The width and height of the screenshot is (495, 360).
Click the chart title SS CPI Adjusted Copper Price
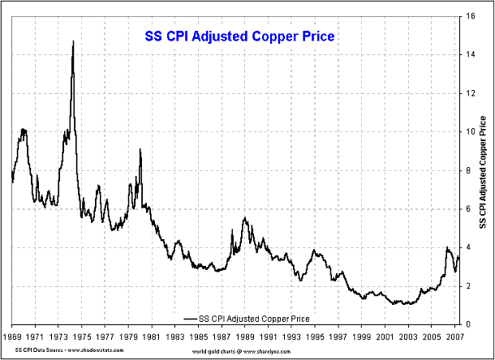(x=233, y=36)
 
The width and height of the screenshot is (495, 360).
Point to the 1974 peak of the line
(x=74, y=41)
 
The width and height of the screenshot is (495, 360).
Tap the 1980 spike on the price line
(x=140, y=150)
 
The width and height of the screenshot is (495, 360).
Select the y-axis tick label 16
(x=471, y=15)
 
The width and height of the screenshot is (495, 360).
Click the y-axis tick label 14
(x=471, y=54)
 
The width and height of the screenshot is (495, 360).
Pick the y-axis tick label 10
(x=471, y=131)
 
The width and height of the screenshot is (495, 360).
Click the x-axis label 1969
(x=13, y=335)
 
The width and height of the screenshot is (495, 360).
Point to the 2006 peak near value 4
(x=448, y=247)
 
